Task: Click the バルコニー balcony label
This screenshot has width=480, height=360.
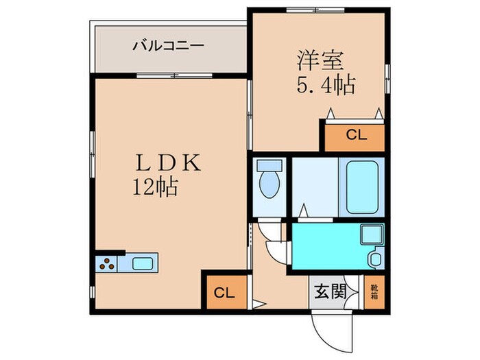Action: tap(168, 46)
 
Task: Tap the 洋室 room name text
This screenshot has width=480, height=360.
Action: tap(320, 61)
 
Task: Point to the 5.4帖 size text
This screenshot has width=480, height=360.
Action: tap(326, 84)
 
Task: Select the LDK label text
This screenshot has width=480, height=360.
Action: tap(168, 163)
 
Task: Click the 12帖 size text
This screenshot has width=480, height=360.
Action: tap(155, 187)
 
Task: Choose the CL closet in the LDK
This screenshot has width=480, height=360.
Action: tap(227, 292)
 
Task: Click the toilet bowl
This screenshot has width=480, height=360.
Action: tap(269, 184)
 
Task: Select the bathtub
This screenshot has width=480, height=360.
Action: tap(362, 187)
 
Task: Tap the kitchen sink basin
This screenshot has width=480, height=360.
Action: tap(143, 264)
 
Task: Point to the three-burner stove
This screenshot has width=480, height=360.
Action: tap(107, 264)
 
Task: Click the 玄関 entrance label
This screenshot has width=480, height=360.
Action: tap(330, 291)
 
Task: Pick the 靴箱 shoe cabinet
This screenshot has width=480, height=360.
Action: tap(374, 292)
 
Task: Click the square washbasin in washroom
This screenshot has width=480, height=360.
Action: tap(372, 235)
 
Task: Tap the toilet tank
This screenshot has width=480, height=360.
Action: tap(269, 165)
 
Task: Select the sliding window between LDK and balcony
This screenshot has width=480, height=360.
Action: tap(174, 75)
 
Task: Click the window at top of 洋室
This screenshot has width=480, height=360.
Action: tap(316, 10)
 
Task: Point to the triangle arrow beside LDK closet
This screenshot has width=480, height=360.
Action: tap(259, 304)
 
